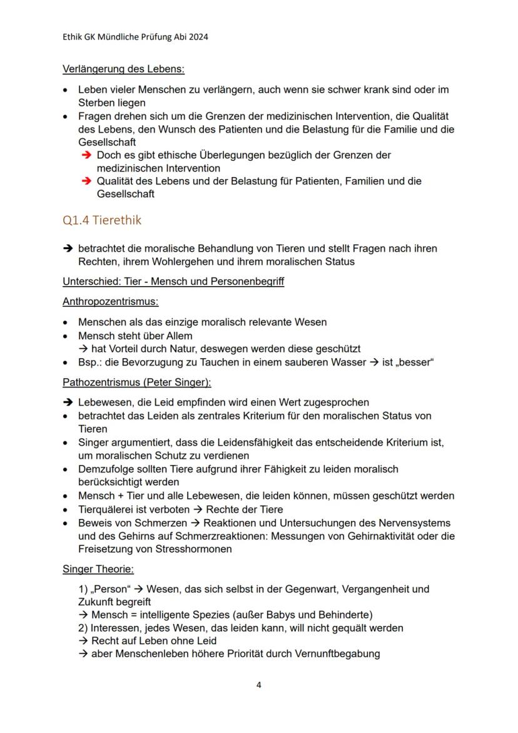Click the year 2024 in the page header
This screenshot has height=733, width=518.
197,37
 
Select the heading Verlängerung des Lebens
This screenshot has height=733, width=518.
123,69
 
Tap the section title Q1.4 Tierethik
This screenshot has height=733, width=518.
102,220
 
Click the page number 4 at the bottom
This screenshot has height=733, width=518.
259,684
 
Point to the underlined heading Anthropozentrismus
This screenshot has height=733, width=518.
110,302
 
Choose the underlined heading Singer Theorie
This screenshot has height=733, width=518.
98,569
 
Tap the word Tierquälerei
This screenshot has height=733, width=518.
106,509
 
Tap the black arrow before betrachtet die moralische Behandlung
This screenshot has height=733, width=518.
68,249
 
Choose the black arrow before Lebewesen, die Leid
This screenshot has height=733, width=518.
68,402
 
